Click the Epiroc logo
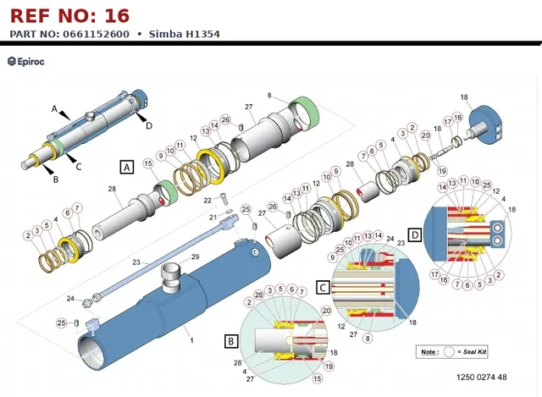click(x=26, y=62)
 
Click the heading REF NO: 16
click(x=69, y=16)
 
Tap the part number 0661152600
click(x=96, y=34)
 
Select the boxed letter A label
click(x=127, y=168)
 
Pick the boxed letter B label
click(x=231, y=341)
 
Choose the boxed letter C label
click(x=323, y=288)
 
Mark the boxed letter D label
click(x=414, y=235)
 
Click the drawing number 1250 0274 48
click(x=482, y=377)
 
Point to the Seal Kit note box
click(x=451, y=352)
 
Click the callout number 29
click(x=195, y=256)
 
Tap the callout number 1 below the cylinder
click(x=192, y=340)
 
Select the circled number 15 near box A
click(x=148, y=163)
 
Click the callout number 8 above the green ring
click(x=269, y=95)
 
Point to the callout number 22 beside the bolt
click(x=207, y=201)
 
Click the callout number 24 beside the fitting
click(x=70, y=298)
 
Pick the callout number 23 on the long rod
click(x=136, y=262)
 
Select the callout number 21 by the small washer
click(x=213, y=217)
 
